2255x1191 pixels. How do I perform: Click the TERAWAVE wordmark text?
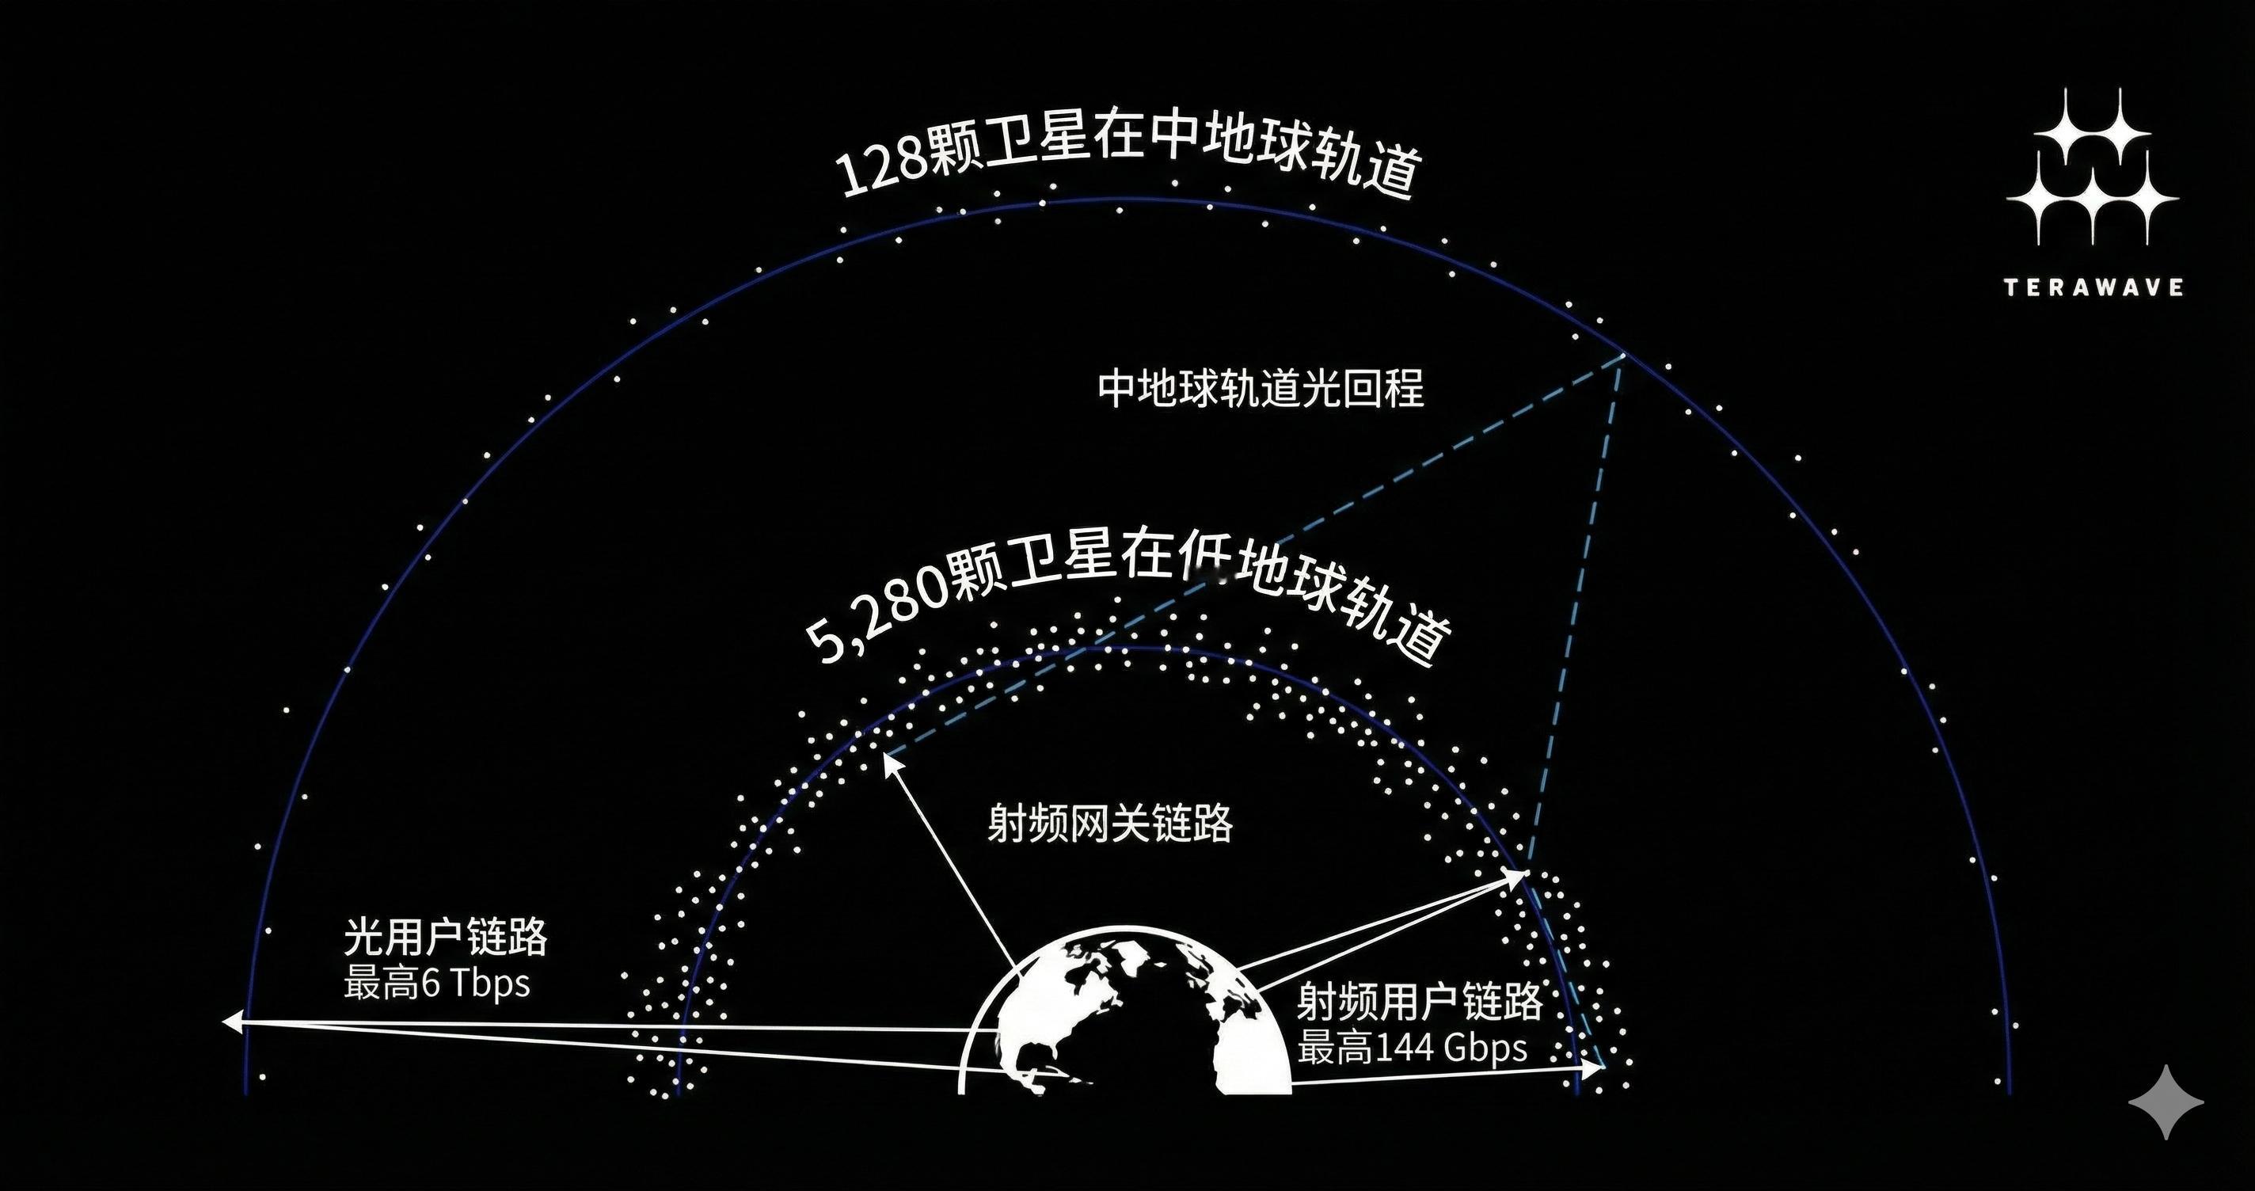2092,287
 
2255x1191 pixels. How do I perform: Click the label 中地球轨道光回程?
1261,388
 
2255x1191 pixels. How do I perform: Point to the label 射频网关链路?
1110,824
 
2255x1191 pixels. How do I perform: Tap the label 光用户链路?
446,937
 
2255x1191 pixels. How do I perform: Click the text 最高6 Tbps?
437,984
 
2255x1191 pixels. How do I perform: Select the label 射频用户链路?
1418,1002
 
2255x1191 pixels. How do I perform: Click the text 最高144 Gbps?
1412,1048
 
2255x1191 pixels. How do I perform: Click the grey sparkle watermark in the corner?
2166,1102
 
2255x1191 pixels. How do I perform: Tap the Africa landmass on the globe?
1243,1042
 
